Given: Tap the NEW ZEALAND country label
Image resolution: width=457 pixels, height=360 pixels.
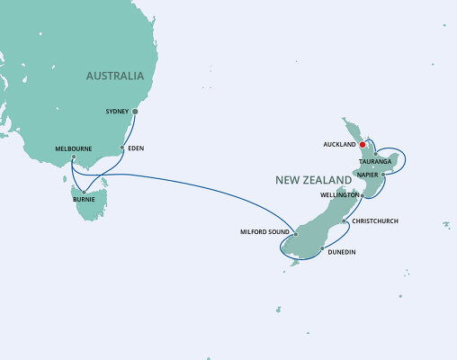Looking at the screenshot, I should coord(311,181).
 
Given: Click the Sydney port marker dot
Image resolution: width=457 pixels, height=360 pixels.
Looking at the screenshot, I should coord(135,112).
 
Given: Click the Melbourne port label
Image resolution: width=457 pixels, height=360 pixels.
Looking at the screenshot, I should coord(71,148).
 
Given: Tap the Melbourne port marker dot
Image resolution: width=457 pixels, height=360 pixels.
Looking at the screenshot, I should coord(73,158).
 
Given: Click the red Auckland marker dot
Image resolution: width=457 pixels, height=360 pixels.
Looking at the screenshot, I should coord(362,144).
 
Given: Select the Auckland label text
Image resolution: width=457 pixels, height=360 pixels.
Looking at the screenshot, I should coord(339,144).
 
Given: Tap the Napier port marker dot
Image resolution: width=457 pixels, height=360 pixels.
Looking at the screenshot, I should coord(384,174).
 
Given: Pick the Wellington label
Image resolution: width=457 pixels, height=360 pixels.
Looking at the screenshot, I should coord(340,194).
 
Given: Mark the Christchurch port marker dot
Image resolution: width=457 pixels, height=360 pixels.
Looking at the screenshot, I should coord(345,220).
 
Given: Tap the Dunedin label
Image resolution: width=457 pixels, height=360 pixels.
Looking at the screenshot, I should coord(342,253).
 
